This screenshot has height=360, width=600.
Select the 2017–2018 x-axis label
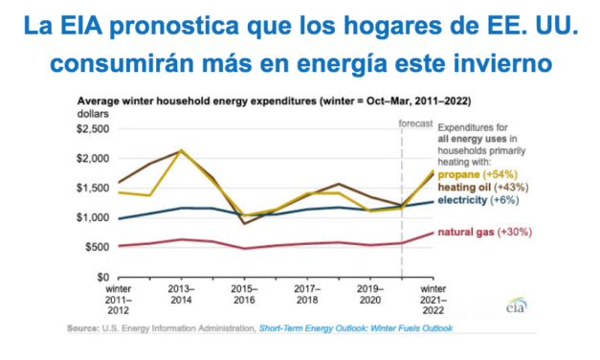308,292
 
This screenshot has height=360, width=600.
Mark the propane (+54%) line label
477,175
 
